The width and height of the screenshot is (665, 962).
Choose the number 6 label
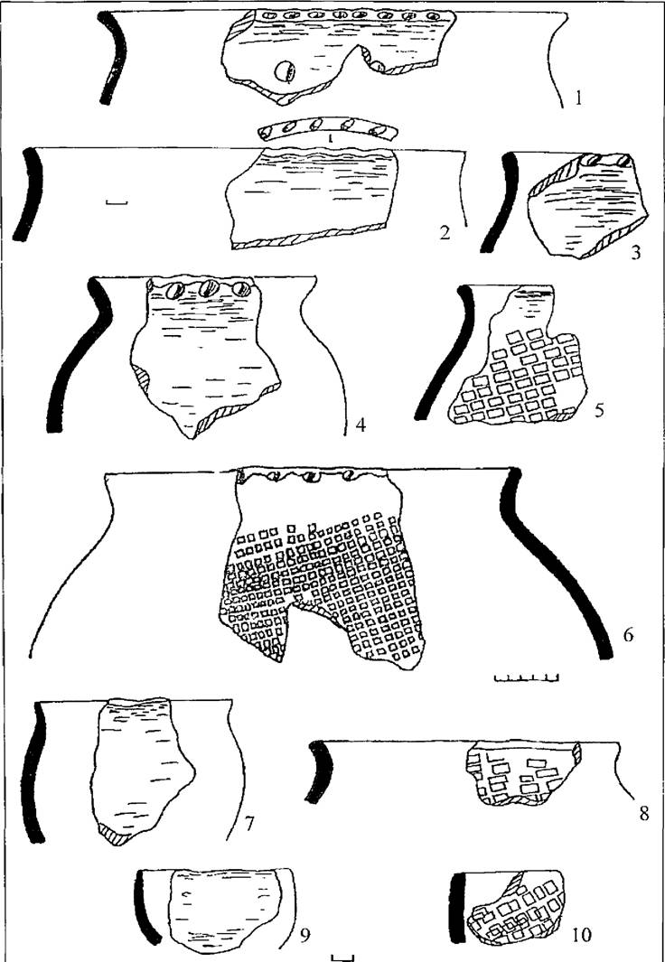click(x=628, y=636)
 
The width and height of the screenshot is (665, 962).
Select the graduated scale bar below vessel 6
click(x=526, y=678)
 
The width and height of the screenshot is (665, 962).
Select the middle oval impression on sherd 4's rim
click(x=209, y=288)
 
